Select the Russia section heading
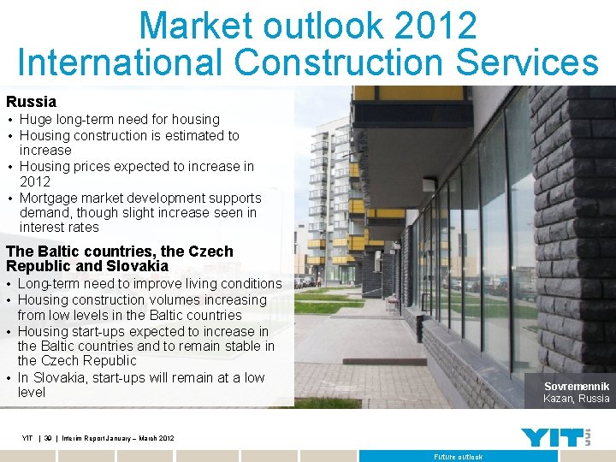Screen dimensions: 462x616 (x=31, y=102)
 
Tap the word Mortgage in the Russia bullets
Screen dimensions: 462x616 (x=49, y=198)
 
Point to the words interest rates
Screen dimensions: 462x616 (x=59, y=228)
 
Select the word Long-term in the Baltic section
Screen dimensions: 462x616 (x=50, y=284)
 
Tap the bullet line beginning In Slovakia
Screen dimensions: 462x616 (x=141, y=378)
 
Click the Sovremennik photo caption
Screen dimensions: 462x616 (x=577, y=387)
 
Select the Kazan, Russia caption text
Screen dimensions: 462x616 (x=577, y=399)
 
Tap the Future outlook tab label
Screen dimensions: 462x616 (x=458, y=457)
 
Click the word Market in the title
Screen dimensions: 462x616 (x=197, y=26)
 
